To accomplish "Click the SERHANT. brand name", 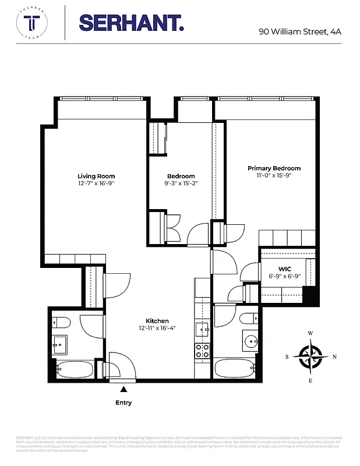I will [x=131, y=23].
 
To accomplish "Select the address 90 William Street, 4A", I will [x=299, y=31].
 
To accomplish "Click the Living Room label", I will [x=96, y=176].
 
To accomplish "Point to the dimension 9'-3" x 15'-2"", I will [x=181, y=184].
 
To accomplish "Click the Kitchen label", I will [x=157, y=321].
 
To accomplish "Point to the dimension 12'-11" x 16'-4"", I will [x=157, y=328].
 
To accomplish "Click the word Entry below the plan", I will [x=123, y=403].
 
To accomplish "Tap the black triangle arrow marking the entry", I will [x=123, y=389].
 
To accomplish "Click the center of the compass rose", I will [x=310, y=356].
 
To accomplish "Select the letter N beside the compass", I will [x=334, y=357].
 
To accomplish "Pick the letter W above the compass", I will [x=310, y=333].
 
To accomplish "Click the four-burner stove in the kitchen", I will [x=202, y=351].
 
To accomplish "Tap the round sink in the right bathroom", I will [x=252, y=342].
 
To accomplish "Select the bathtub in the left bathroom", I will [x=75, y=369].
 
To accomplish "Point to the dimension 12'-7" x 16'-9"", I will [x=96, y=184].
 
